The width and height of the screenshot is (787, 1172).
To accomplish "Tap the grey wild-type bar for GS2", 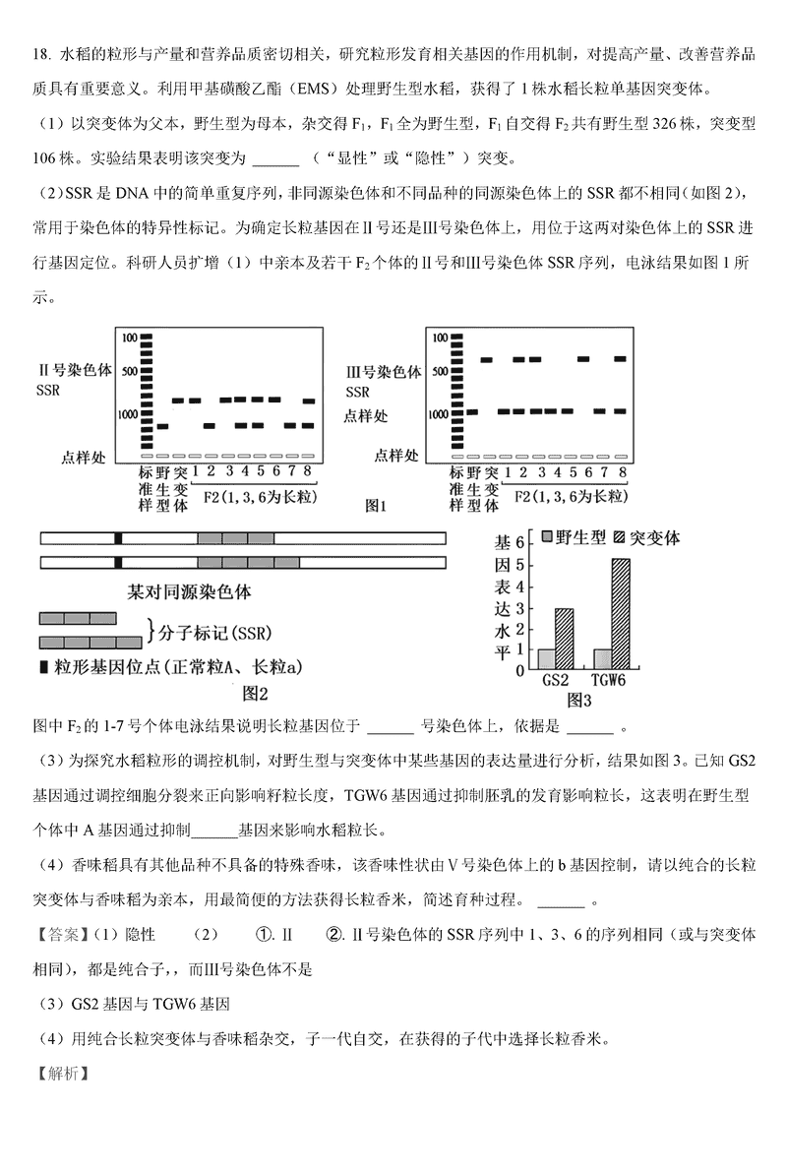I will point(547,659).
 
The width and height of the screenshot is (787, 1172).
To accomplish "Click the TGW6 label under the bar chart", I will point(610,680).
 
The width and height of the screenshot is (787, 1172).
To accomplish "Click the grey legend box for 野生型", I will point(548,537).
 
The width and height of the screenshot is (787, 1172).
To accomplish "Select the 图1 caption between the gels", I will point(377,506).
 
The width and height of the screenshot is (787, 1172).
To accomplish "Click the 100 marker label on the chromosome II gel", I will point(129,338).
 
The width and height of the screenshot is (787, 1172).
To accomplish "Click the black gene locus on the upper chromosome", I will point(118,538).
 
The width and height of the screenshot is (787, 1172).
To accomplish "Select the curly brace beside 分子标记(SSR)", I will point(151,630).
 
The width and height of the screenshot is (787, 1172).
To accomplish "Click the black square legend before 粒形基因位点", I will point(43,668).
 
